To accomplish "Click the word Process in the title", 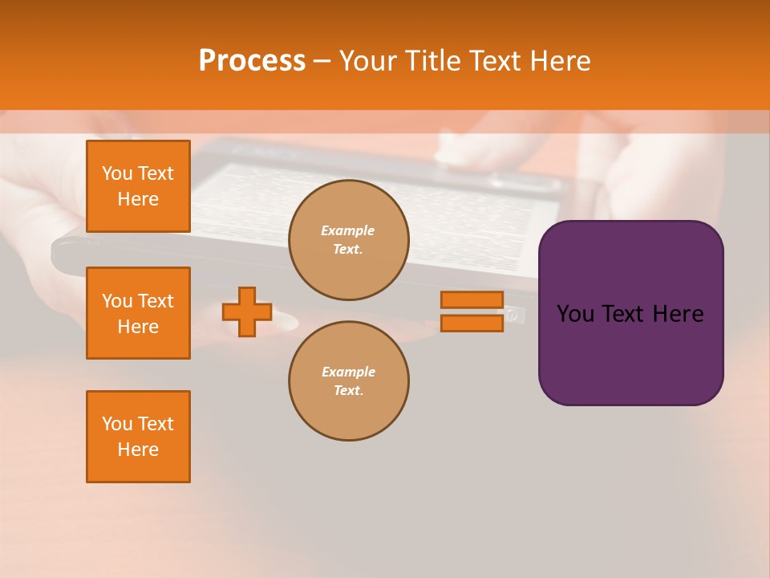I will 252,61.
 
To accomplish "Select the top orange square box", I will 138,186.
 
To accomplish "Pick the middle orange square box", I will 138,313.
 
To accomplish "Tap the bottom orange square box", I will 138,437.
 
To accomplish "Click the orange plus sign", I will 247,311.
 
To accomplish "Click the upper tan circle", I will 348,240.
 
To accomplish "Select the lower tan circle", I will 348,381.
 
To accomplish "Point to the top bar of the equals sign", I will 472,299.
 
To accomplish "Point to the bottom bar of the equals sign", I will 472,323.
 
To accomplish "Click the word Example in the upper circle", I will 347,230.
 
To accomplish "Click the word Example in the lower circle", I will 348,372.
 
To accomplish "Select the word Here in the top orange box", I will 138,199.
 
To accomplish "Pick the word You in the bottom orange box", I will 117,424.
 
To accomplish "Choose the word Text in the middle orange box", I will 155,301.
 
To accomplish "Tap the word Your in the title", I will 368,61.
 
